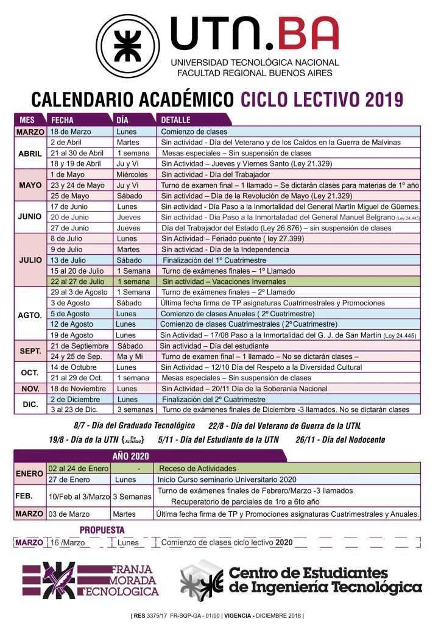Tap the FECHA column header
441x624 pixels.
point(63,119)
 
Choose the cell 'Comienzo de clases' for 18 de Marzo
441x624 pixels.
point(194,132)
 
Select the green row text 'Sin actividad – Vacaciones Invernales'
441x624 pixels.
point(224,282)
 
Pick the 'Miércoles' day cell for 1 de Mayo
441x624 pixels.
point(132,174)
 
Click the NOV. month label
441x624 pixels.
point(30,389)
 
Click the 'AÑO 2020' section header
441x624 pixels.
point(131,456)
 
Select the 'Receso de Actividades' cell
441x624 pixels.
point(197,468)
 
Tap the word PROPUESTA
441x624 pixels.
point(102,530)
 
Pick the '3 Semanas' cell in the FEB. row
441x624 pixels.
point(132,497)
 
